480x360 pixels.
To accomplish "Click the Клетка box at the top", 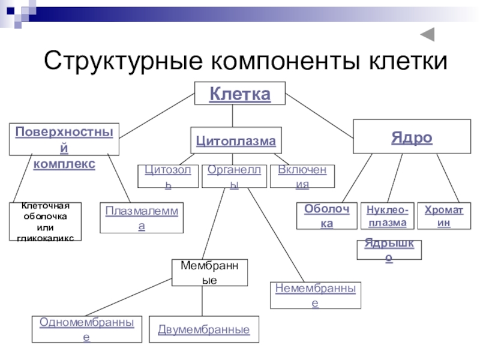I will coord(239,94).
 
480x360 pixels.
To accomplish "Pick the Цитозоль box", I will coord(169,177).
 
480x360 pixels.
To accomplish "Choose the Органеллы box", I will coord(234,177).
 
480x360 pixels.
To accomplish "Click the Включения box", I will coord(302,177).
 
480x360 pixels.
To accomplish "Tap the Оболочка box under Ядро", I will coord(326,216).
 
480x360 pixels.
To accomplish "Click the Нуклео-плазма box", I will coord(388,216).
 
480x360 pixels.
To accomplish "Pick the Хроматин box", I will coord(444,216).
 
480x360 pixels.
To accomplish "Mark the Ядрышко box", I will coord(389,251).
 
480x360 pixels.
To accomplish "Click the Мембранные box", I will coord(209,273).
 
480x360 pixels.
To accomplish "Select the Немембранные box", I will coord(316,295).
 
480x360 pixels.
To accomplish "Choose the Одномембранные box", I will coord(86,329).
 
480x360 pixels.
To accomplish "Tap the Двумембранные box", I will coord(204,329).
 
